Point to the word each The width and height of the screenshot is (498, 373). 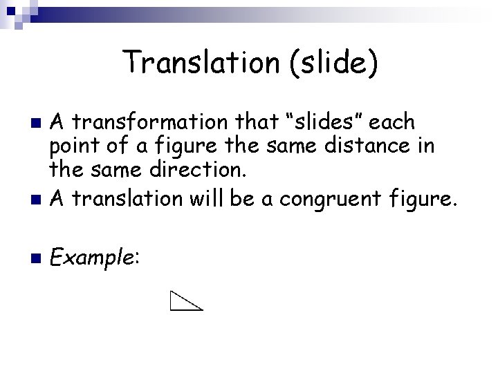coord(391,122)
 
